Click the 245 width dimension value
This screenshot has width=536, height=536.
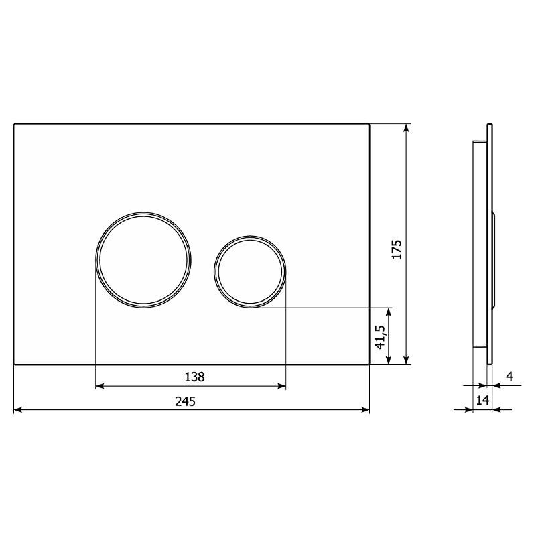pyautogui.click(x=186, y=401)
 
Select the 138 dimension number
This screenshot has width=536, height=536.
pyautogui.click(x=194, y=377)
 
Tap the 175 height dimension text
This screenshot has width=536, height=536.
pyautogui.click(x=397, y=249)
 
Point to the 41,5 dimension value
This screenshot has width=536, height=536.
pyautogui.click(x=380, y=337)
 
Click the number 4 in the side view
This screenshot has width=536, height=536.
pyautogui.click(x=509, y=377)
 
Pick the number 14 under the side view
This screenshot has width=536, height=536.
pyautogui.click(x=482, y=400)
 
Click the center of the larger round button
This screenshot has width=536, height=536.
pyautogui.click(x=143, y=260)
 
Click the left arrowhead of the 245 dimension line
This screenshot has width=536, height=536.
pyautogui.click(x=18, y=409)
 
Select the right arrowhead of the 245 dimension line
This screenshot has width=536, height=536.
pyautogui.click(x=365, y=409)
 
